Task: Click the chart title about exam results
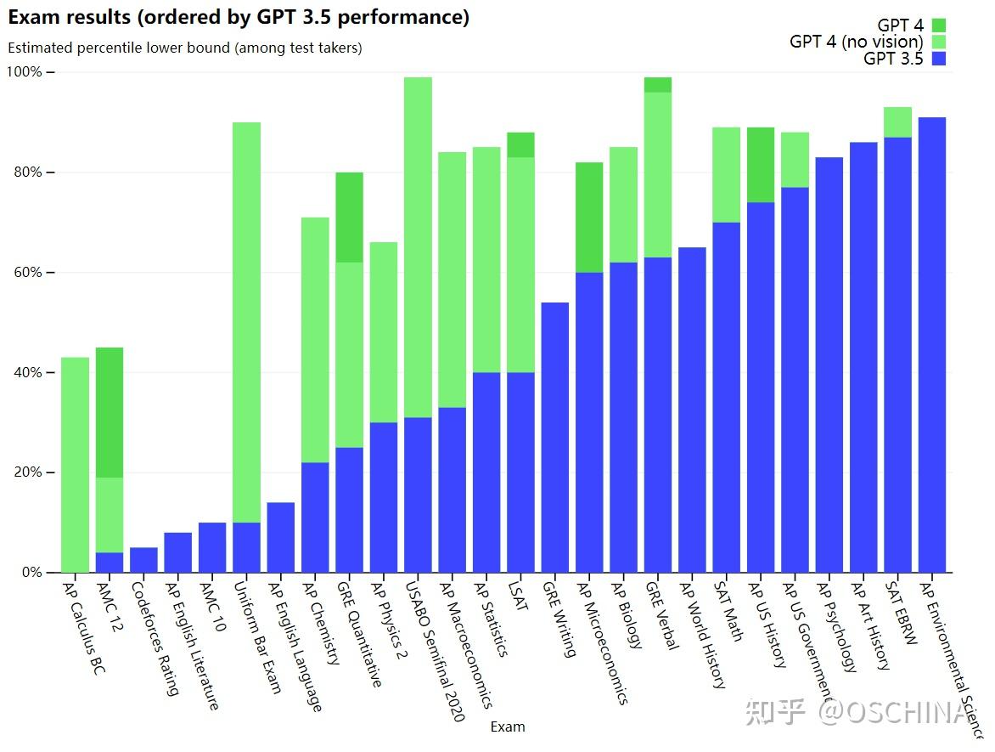tap(239, 17)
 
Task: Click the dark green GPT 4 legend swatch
tap(938, 25)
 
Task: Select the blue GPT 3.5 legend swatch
tap(938, 59)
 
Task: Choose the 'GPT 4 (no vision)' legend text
tap(856, 42)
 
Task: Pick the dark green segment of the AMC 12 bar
tap(110, 412)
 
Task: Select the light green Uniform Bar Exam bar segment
tap(246, 323)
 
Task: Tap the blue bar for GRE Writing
tap(554, 438)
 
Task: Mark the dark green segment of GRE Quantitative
tap(349, 218)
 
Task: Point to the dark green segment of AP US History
tap(760, 165)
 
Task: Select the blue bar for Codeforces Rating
tap(143, 560)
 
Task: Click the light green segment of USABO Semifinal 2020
tap(418, 247)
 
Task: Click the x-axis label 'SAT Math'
tap(729, 611)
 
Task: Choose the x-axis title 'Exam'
tap(508, 727)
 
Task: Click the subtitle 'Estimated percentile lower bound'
tap(185, 48)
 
